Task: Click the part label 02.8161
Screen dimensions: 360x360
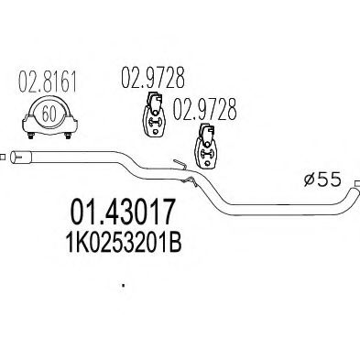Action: tap(48, 82)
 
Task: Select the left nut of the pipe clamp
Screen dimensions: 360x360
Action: tap(30, 136)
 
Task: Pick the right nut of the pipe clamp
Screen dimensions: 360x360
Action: tap(68, 136)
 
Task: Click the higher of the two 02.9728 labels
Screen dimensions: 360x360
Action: tap(153, 78)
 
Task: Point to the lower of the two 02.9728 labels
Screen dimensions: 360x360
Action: tap(205, 109)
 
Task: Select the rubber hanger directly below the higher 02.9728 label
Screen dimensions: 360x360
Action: tap(154, 113)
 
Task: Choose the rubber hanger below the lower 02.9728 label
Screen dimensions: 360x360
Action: tap(205, 146)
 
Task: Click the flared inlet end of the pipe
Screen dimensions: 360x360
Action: tap(20, 158)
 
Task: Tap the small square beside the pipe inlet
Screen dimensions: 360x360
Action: tap(2, 158)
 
